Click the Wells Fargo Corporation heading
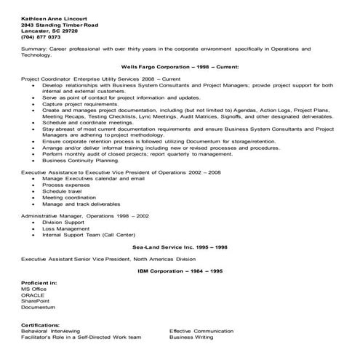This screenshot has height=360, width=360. click(x=180, y=65)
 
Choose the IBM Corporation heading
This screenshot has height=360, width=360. click(x=180, y=271)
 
